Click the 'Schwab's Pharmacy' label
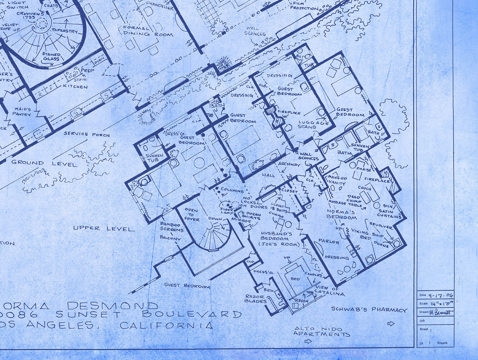click(x=369, y=309)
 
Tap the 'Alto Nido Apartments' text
click(x=321, y=331)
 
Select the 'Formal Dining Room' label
click(x=148, y=31)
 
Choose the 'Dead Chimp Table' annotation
click(x=354, y=201)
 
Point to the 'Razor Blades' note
click(x=254, y=298)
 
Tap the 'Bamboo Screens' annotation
click(x=171, y=227)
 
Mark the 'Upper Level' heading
click(x=104, y=229)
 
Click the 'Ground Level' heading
click(x=44, y=163)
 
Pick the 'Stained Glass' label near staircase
click(x=51, y=57)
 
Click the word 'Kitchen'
click(x=75, y=86)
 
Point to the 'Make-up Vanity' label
click(x=337, y=180)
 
